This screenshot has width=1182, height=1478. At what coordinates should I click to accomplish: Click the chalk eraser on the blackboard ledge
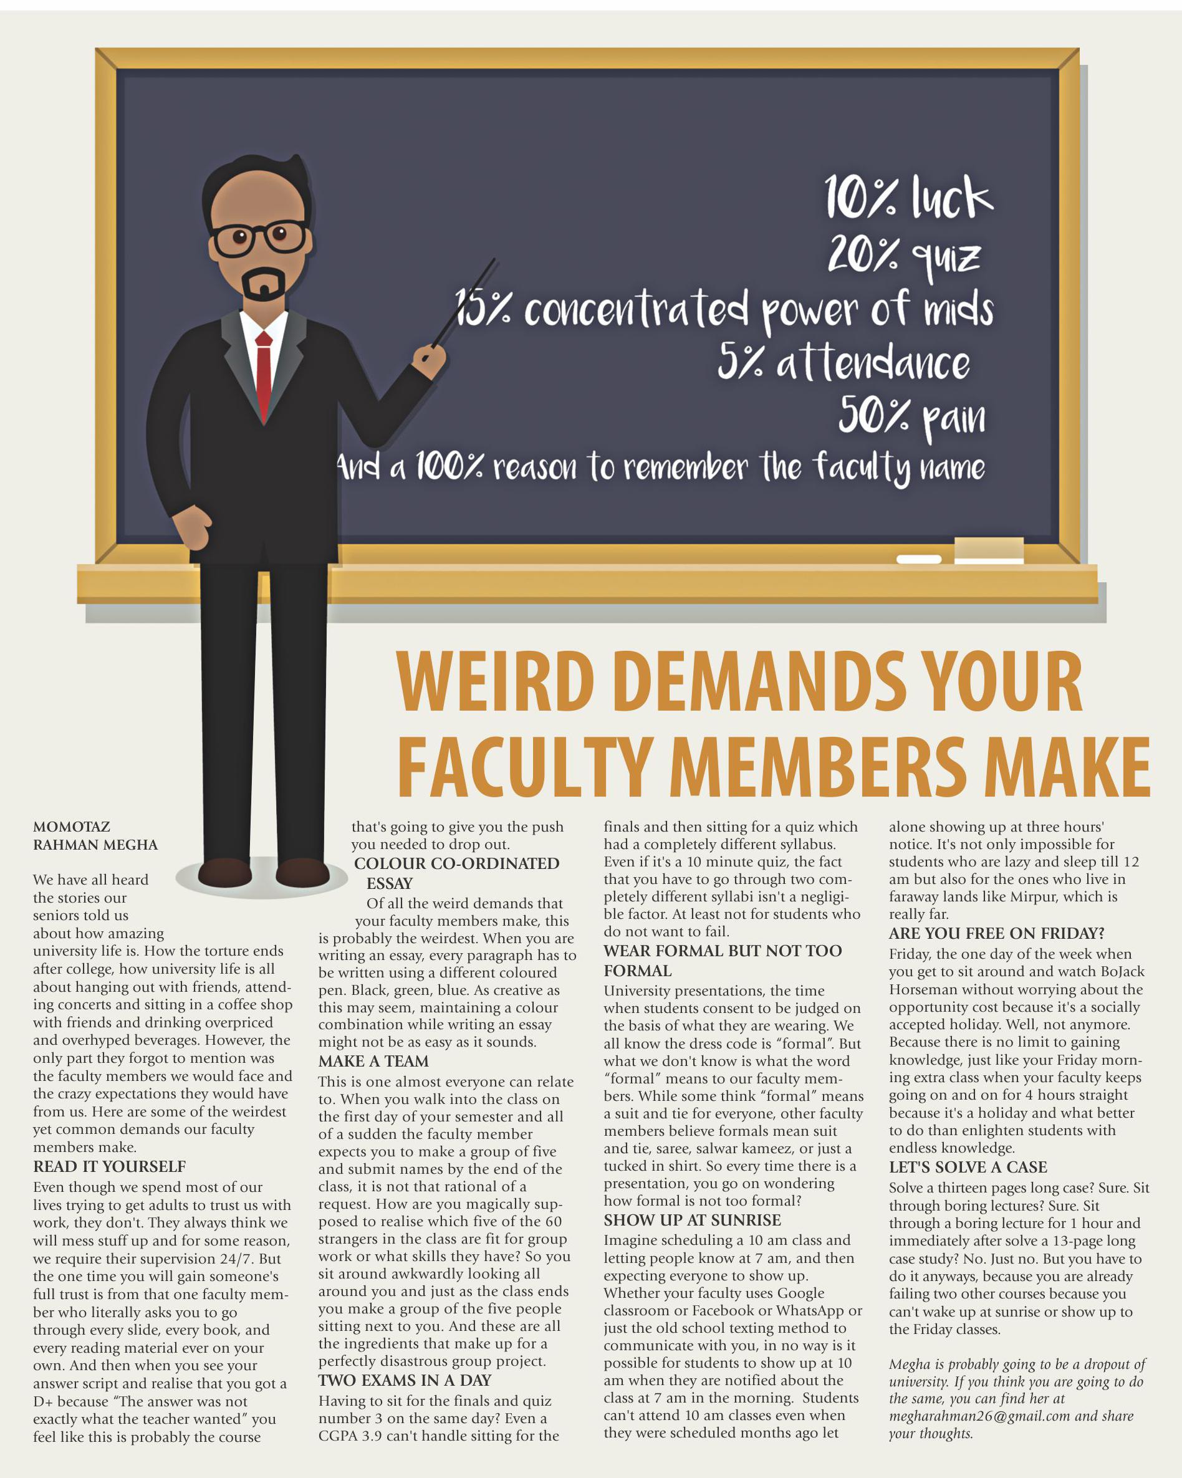point(989,550)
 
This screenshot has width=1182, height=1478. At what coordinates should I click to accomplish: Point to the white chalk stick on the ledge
point(919,559)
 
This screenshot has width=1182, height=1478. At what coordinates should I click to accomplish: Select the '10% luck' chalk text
point(908,198)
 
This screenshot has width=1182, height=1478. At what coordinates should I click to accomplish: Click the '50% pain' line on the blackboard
point(912,417)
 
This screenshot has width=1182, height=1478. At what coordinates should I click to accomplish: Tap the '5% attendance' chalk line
point(843,363)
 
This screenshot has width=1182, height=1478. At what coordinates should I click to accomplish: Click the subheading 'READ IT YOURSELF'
point(110,1167)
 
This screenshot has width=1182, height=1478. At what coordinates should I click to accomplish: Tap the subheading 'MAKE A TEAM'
point(373,1061)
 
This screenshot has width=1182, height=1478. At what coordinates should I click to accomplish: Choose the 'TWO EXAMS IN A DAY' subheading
point(405,1380)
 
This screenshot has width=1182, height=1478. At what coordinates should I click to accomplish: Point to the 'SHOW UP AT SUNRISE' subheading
point(693,1221)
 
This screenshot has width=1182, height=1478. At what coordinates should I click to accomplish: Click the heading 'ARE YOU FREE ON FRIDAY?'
point(997,934)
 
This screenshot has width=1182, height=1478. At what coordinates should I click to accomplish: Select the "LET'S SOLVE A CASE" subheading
point(968,1168)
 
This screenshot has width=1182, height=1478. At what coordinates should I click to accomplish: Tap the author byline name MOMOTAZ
point(72,827)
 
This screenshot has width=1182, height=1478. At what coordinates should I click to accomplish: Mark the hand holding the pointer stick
point(432,360)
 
